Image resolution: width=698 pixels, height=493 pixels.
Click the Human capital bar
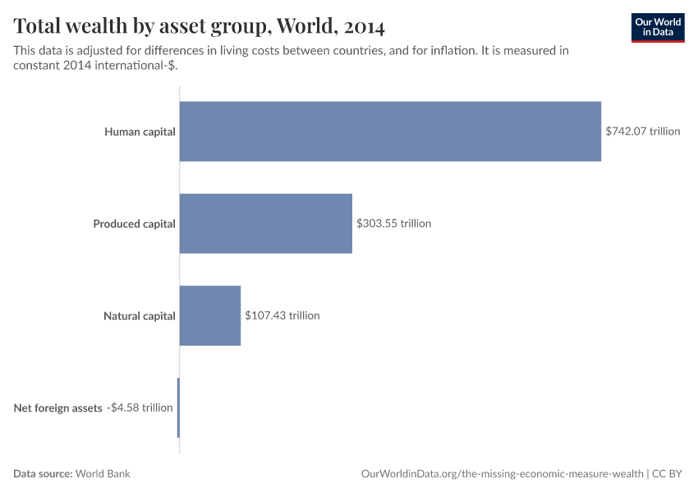click(390, 131)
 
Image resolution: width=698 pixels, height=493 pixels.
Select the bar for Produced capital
click(265, 223)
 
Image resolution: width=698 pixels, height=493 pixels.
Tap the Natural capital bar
click(209, 316)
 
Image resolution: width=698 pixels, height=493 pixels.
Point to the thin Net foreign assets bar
click(178, 408)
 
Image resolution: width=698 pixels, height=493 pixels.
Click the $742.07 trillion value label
click(643, 131)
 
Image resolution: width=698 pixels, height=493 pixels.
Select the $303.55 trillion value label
click(393, 223)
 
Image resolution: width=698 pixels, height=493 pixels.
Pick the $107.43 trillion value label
click(282, 316)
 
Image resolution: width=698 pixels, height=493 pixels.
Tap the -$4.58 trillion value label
click(140, 408)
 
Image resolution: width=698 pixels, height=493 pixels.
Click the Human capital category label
click(140, 131)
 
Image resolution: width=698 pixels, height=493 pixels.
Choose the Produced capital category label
click(134, 223)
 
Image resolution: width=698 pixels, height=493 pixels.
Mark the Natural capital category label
click(139, 316)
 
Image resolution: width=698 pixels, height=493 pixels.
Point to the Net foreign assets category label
click(57, 408)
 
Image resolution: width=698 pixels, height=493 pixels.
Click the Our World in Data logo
click(658, 27)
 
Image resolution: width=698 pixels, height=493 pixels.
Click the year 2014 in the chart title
click(365, 26)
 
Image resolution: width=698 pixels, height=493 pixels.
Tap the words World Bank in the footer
click(103, 474)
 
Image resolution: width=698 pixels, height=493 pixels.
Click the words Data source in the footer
click(43, 474)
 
